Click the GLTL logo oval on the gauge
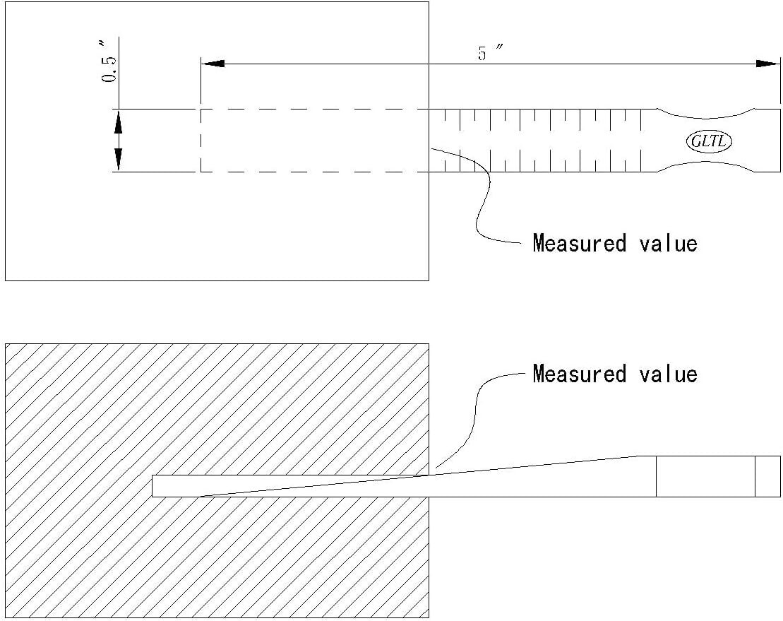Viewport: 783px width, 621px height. coord(709,141)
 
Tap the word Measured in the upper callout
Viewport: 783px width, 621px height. coord(579,243)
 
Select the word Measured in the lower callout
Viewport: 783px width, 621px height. coord(579,374)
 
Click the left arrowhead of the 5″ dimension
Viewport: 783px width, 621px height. coord(213,64)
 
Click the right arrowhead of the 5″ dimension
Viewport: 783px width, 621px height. coord(767,64)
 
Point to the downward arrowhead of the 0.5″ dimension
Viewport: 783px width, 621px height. coord(118,160)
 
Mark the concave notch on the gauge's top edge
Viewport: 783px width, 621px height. coord(706,114)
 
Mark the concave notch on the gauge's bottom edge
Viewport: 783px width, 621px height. coord(706,165)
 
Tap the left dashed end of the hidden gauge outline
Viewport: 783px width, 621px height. coord(201,141)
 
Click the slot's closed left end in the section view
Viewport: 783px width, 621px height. coord(153,486)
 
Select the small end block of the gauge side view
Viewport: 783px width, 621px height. coord(767,477)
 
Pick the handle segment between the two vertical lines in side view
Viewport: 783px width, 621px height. coord(705,477)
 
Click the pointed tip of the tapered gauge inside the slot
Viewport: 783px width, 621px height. coord(201,497)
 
